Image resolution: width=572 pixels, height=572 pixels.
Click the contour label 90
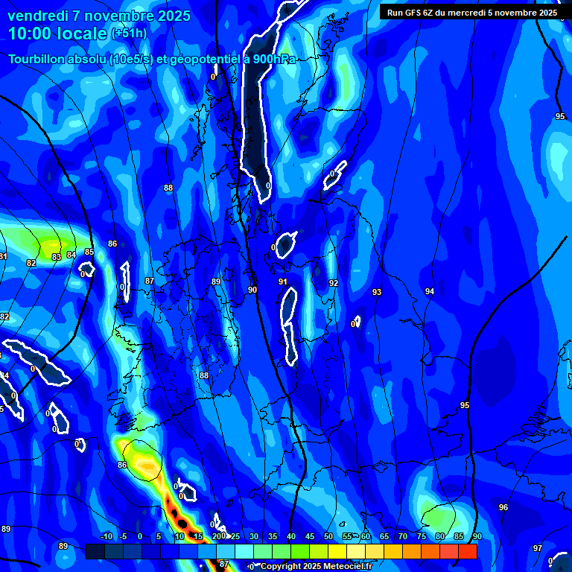[252, 290]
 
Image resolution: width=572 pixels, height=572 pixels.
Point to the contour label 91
[283, 282]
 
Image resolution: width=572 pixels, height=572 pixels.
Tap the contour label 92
[334, 283]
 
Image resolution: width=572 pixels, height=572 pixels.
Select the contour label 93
[377, 292]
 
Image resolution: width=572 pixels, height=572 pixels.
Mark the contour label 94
[430, 291]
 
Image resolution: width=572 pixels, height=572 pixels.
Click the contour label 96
[503, 507]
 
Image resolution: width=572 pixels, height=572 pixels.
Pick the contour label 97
[538, 548]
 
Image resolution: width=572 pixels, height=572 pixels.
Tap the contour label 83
[57, 257]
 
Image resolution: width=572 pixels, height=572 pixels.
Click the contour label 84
[71, 255]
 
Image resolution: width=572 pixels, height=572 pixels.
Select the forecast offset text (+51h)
[129, 33]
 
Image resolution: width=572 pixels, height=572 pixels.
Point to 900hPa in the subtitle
[270, 59]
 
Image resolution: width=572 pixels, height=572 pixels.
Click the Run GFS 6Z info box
[471, 12]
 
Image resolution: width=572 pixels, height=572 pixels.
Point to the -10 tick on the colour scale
[106, 536]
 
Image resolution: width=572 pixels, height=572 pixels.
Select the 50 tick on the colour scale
[328, 536]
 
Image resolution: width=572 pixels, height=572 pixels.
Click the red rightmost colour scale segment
[467, 551]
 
